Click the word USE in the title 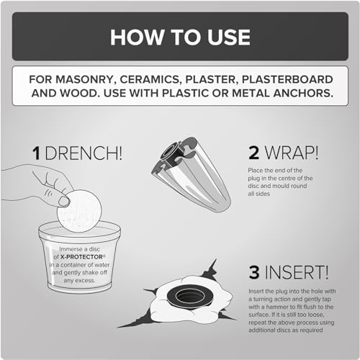point(229,37)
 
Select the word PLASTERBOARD point(287,79)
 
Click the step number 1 point(36,153)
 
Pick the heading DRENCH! point(84,153)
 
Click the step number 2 point(253,153)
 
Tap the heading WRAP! point(292,153)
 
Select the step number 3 point(254,272)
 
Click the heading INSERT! point(297,272)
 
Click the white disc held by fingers point(81,211)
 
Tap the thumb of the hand point(64,201)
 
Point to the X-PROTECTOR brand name point(81,257)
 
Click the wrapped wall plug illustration point(191,174)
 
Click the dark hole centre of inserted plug point(190,297)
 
